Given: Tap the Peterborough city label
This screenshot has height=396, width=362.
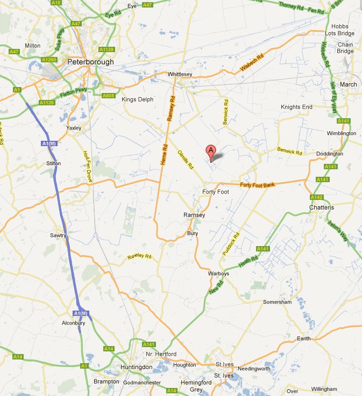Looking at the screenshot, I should pyautogui.click(x=91, y=62).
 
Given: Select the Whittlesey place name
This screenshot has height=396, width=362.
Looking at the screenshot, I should pyautogui.click(x=180, y=74).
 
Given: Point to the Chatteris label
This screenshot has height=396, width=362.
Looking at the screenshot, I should pyautogui.click(x=322, y=207).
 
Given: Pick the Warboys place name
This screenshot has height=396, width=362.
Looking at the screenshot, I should pyautogui.click(x=218, y=273).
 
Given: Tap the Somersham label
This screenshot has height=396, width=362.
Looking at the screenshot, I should pyautogui.click(x=276, y=303).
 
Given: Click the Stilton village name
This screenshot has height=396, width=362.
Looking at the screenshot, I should pyautogui.click(x=54, y=163).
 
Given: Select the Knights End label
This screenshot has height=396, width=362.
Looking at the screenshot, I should pyautogui.click(x=296, y=107).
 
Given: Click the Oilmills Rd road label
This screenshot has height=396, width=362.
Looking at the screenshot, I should pyautogui.click(x=185, y=160).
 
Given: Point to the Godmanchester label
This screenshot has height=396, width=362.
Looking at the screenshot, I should pyautogui.click(x=142, y=383).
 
